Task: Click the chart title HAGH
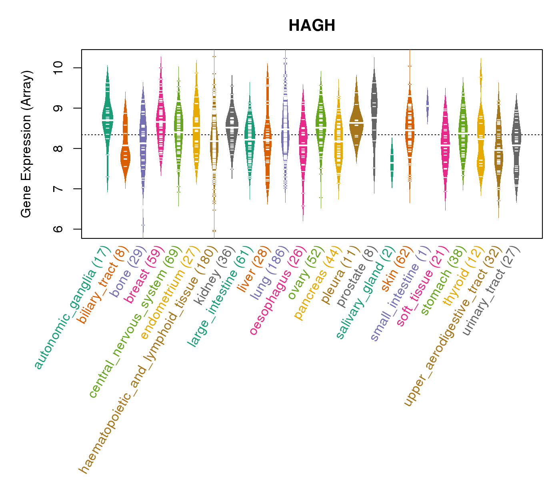point(312,26)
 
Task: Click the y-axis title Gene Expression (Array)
point(26,144)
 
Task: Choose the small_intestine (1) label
point(400,294)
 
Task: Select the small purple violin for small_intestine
point(427,106)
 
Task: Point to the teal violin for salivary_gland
point(392,162)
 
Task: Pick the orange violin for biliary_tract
point(125,156)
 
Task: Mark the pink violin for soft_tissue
point(445,148)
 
